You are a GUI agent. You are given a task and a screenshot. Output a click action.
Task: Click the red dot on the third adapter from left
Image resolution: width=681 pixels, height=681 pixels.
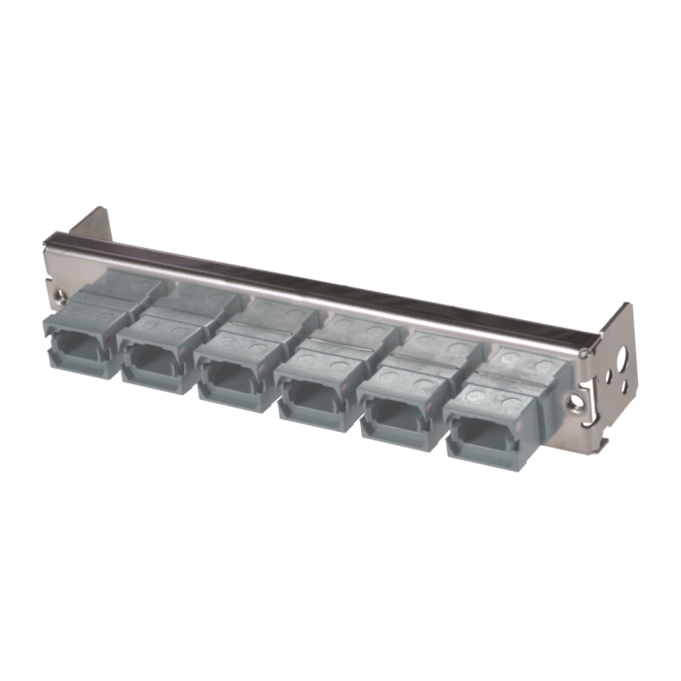(263, 362)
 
